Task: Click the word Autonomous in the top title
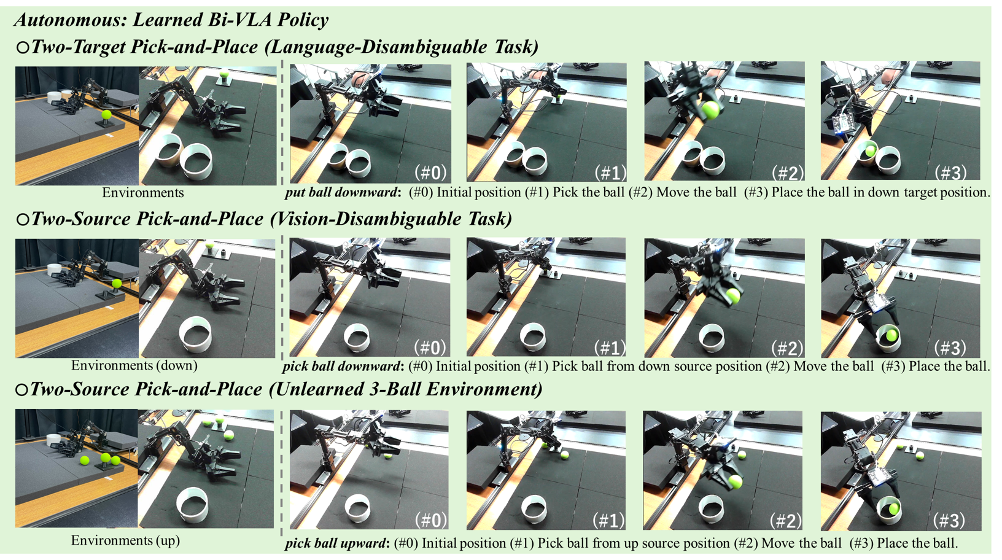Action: click(x=70, y=20)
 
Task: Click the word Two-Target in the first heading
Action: click(x=79, y=47)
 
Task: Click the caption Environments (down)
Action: click(x=134, y=365)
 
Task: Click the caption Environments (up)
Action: click(x=125, y=540)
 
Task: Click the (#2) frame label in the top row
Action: click(x=788, y=173)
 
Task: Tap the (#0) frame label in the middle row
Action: click(x=430, y=348)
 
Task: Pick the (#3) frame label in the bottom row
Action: click(x=949, y=520)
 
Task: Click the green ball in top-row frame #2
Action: click(x=710, y=110)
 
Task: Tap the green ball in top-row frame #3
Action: click(x=871, y=150)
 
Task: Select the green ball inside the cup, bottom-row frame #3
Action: click(x=894, y=508)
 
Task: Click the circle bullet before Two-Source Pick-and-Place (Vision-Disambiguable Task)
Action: click(x=22, y=219)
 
